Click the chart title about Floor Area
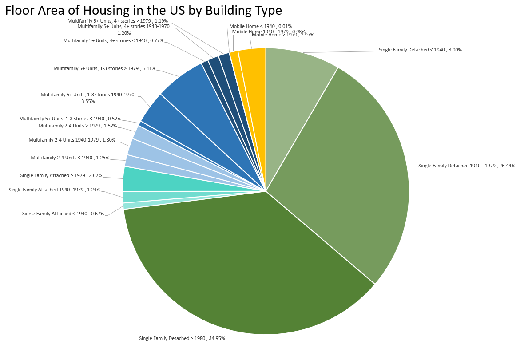[x=143, y=11]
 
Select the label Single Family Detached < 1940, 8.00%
[x=420, y=50]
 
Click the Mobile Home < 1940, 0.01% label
[x=260, y=26]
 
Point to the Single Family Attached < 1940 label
[x=63, y=214]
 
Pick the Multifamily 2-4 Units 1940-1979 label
[x=72, y=140]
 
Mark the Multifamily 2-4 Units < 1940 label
[x=70, y=158]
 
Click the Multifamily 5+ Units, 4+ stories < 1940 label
[x=113, y=40]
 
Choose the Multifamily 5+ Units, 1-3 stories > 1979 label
[x=104, y=68]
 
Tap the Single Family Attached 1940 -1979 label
[x=55, y=190]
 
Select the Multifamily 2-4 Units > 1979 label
[x=78, y=126]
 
